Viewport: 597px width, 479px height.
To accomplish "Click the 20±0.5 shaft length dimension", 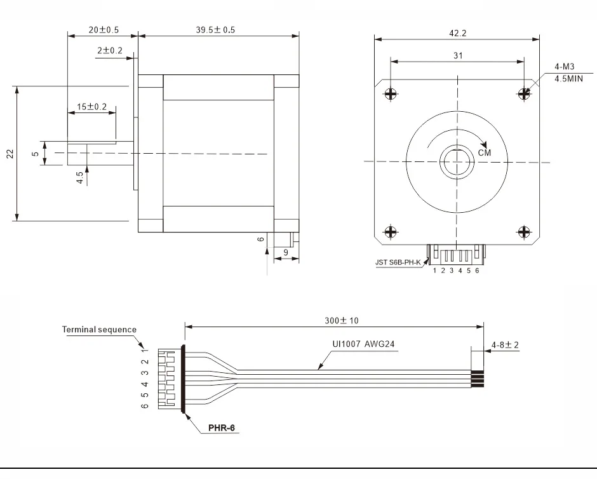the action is click(x=104, y=30).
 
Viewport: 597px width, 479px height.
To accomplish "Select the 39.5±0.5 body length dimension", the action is click(x=215, y=30).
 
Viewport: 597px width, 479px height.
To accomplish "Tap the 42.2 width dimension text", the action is click(x=458, y=33).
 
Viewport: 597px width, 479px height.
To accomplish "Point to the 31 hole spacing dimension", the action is click(x=458, y=56).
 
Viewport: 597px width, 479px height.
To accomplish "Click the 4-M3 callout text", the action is click(x=565, y=67).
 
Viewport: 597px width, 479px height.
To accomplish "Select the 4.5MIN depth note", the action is click(x=568, y=79).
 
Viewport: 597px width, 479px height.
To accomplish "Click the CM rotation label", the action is click(x=485, y=152).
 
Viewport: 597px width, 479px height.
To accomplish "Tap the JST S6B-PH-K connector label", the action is click(x=398, y=262).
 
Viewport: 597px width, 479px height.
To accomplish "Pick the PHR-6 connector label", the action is click(x=222, y=428).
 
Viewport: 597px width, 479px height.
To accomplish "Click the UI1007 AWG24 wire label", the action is click(x=364, y=344).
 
